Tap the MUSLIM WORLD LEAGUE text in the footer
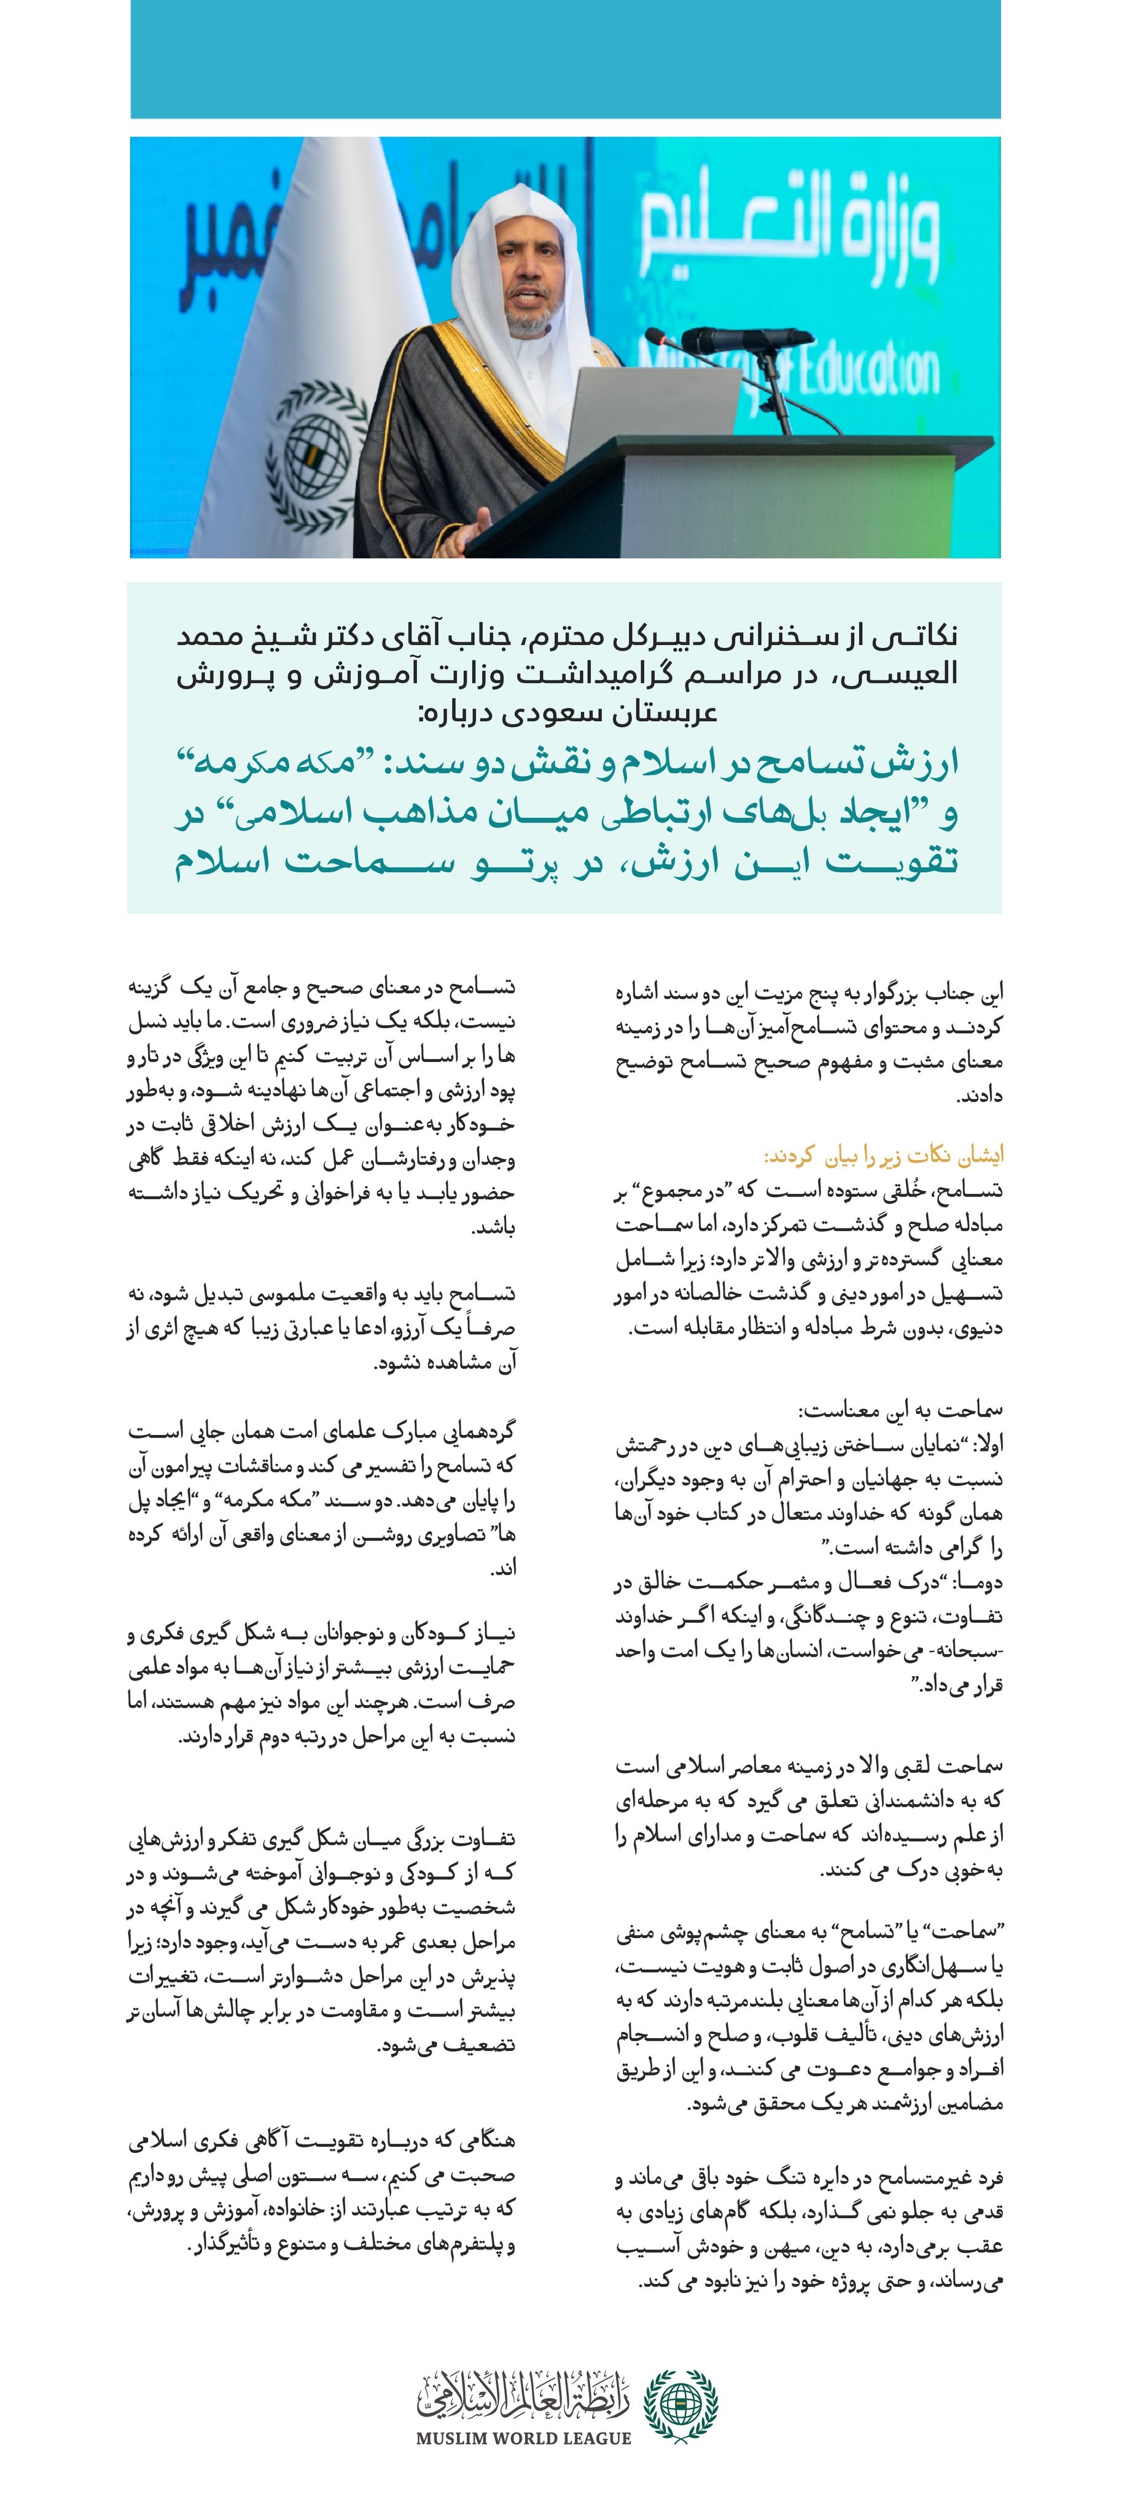[523, 2438]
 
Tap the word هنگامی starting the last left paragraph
[478, 2141]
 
